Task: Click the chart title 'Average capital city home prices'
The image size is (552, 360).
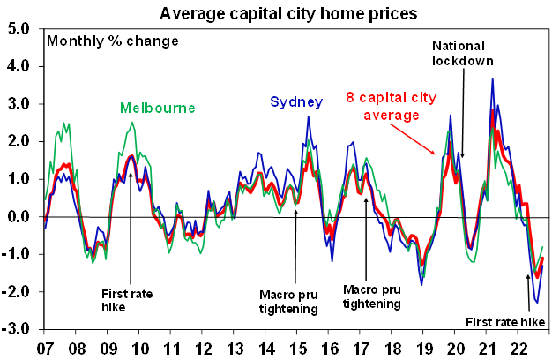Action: tap(275, 12)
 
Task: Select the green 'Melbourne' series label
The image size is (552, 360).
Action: tap(157, 108)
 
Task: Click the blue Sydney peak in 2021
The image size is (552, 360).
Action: tap(492, 79)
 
